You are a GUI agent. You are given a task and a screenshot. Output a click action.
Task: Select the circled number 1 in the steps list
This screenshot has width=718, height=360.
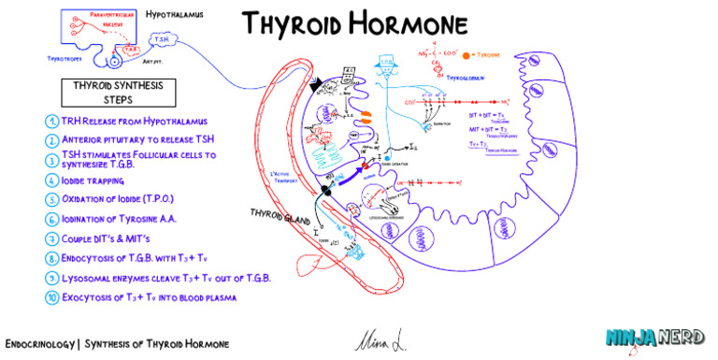point(51,122)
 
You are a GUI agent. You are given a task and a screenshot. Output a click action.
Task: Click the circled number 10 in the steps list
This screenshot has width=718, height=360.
point(51,298)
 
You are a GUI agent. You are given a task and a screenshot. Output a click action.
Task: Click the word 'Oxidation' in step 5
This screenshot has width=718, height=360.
point(88,200)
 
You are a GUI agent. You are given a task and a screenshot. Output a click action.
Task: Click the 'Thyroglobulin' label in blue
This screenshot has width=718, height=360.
point(467,79)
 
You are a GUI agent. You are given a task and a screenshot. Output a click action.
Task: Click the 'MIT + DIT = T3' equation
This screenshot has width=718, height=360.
point(488,129)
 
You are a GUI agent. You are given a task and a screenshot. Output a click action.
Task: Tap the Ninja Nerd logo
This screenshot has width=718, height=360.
point(654,338)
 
